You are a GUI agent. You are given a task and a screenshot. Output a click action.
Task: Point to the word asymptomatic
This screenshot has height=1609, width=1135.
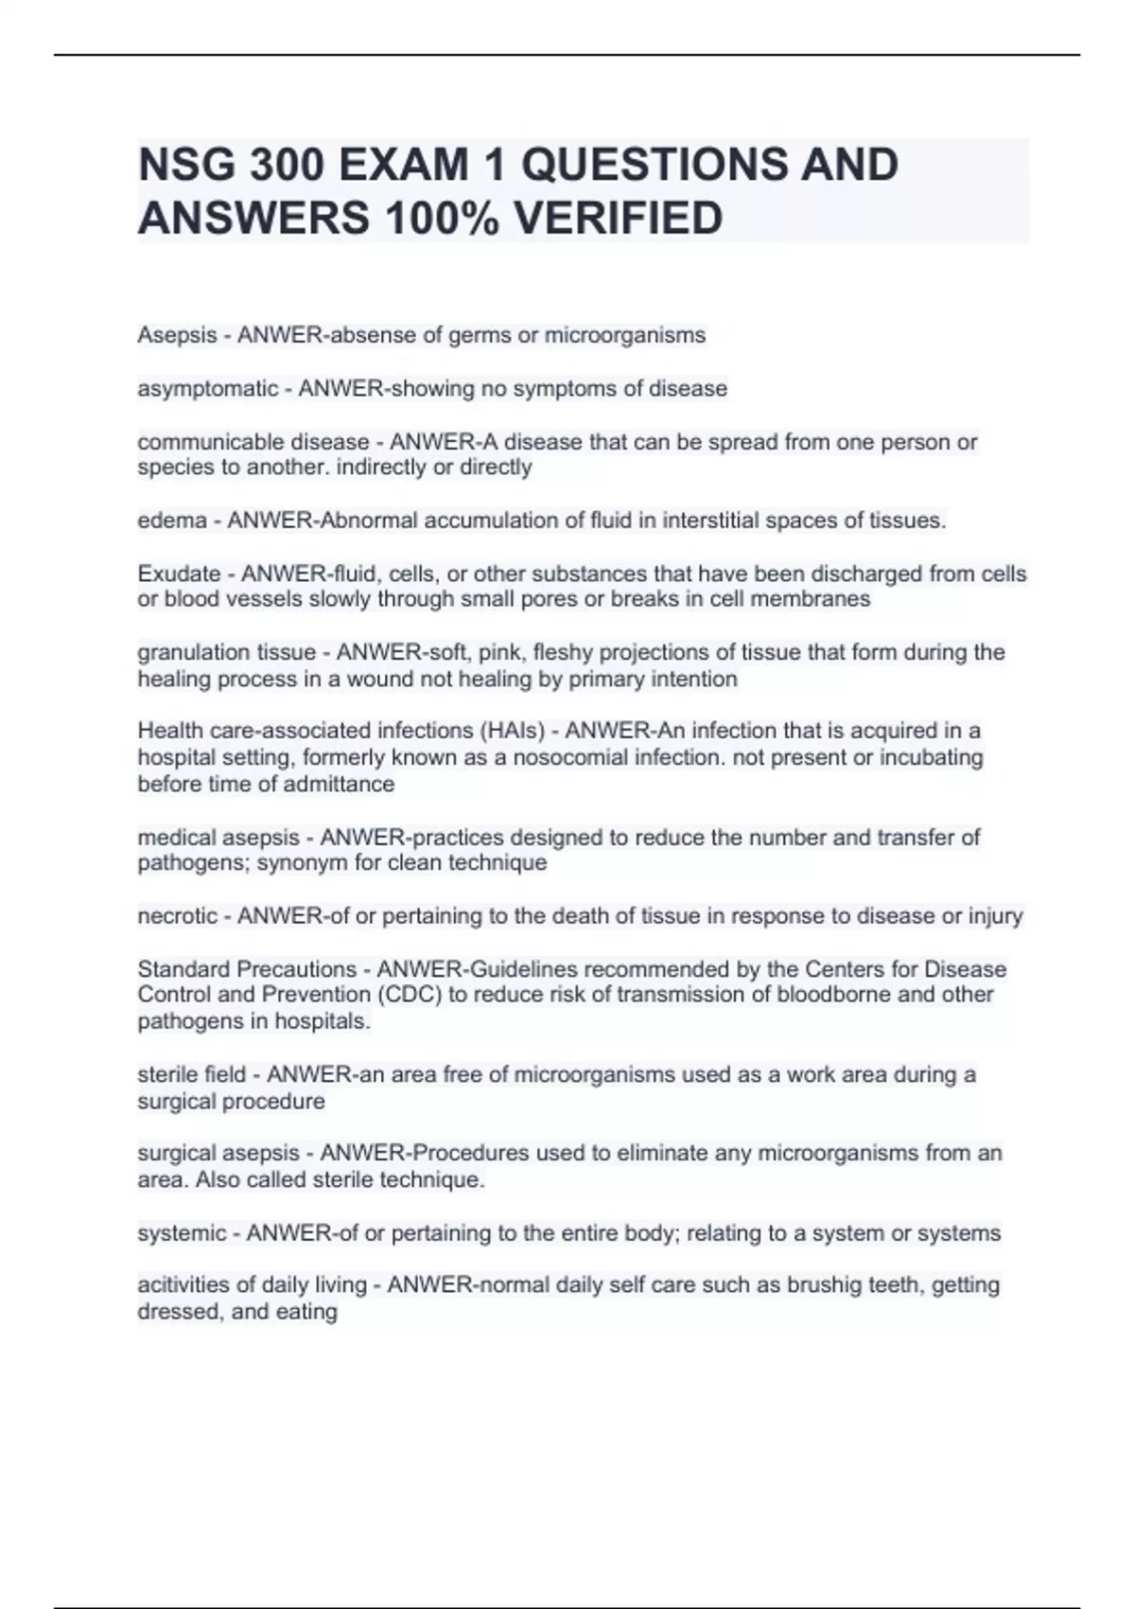208,389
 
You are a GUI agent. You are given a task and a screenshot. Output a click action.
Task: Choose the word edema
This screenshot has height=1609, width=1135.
172,521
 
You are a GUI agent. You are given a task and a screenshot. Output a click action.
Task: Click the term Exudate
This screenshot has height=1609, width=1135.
179,575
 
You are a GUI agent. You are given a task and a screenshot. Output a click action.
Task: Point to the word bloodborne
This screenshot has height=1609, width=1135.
834,995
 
